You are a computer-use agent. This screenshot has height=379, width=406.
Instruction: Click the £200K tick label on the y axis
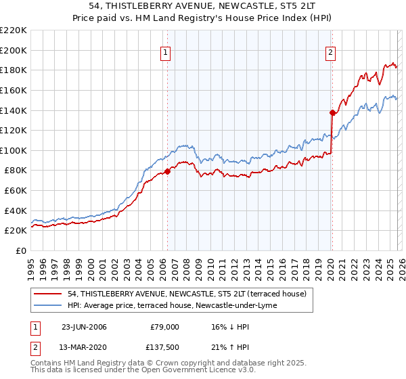pos(14,50)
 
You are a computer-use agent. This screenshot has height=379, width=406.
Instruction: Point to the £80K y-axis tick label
pos(16,171)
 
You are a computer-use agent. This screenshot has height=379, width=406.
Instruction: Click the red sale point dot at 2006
pos(167,171)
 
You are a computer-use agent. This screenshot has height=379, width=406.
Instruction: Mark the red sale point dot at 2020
pos(332,112)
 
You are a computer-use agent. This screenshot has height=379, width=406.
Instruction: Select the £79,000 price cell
pos(163,326)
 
